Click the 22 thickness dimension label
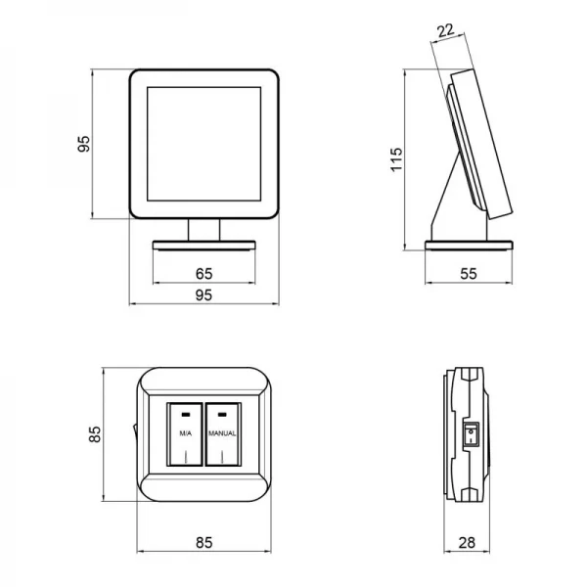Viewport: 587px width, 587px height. click(445, 31)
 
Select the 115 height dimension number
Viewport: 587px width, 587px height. click(396, 159)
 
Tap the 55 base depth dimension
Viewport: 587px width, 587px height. click(469, 274)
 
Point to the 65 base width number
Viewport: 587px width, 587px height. click(204, 274)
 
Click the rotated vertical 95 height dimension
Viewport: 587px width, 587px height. click(84, 144)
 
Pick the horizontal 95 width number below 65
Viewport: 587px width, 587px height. click(204, 295)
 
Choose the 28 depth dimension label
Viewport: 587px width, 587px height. click(467, 542)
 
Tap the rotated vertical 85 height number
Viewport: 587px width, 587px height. click(95, 434)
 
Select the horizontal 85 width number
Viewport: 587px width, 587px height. click(204, 542)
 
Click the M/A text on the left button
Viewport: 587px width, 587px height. click(185, 433)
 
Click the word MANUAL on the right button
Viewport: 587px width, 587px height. click(222, 433)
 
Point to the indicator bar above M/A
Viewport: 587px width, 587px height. click(186, 415)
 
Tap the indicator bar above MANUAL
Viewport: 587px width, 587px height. click(222, 415)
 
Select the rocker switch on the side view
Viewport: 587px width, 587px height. click(471, 434)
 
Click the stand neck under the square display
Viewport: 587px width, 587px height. click(204, 230)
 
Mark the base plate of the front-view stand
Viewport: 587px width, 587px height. click(204, 246)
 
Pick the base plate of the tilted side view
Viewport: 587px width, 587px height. click(469, 246)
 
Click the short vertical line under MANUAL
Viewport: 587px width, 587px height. click(222, 457)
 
